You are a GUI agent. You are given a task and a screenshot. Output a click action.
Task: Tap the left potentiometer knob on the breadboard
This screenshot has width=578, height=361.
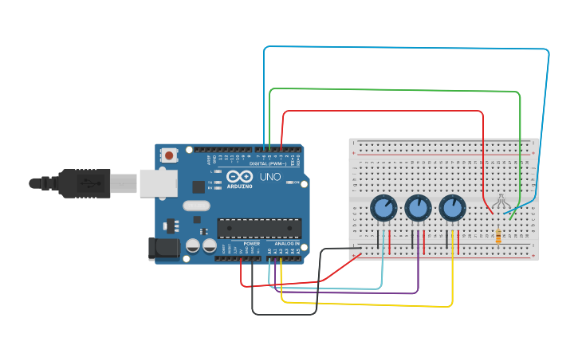click(383, 209)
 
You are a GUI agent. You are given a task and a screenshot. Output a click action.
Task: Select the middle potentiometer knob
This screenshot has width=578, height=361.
click(418, 209)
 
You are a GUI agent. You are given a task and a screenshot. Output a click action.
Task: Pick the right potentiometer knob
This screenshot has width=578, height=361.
click(452, 209)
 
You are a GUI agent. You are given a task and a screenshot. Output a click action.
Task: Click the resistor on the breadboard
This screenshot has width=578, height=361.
click(499, 236)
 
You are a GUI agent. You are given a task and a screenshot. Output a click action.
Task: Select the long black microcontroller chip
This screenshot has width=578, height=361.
click(259, 228)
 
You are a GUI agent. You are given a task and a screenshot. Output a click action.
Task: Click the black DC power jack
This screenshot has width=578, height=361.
click(163, 249)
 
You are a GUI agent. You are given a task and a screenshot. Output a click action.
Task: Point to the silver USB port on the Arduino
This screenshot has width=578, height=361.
click(157, 182)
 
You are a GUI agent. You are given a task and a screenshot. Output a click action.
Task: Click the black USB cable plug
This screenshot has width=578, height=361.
click(83, 182)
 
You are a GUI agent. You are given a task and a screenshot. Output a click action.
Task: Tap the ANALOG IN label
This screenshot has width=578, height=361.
click(287, 243)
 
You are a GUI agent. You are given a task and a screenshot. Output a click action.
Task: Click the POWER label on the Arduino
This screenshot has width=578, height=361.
click(251, 243)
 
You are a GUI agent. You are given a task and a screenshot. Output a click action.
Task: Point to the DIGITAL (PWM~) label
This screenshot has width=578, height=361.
click(270, 163)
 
